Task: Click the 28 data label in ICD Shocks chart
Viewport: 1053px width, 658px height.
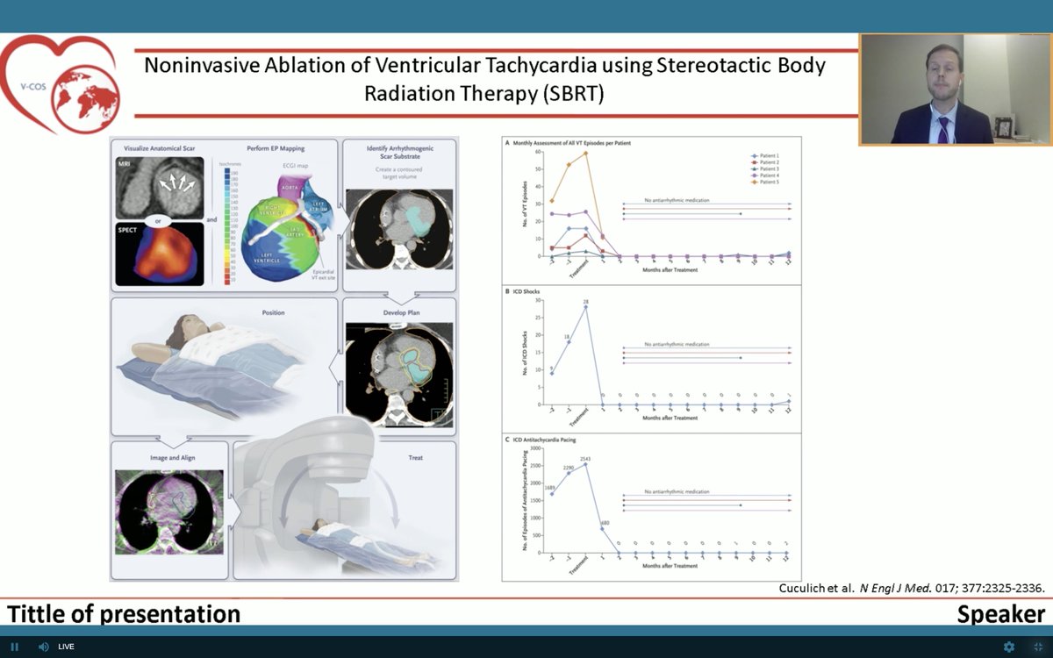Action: (x=585, y=301)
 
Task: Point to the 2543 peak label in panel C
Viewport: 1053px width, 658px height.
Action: (x=585, y=458)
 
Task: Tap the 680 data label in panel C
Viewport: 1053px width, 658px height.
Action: (x=605, y=523)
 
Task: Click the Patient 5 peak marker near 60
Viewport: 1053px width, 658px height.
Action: (x=585, y=154)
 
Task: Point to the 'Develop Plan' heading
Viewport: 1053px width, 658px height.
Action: (x=400, y=311)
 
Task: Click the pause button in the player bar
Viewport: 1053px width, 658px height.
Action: (x=15, y=647)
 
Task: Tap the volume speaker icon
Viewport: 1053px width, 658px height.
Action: (x=43, y=647)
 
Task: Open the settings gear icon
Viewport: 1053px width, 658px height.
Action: (x=1009, y=647)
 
